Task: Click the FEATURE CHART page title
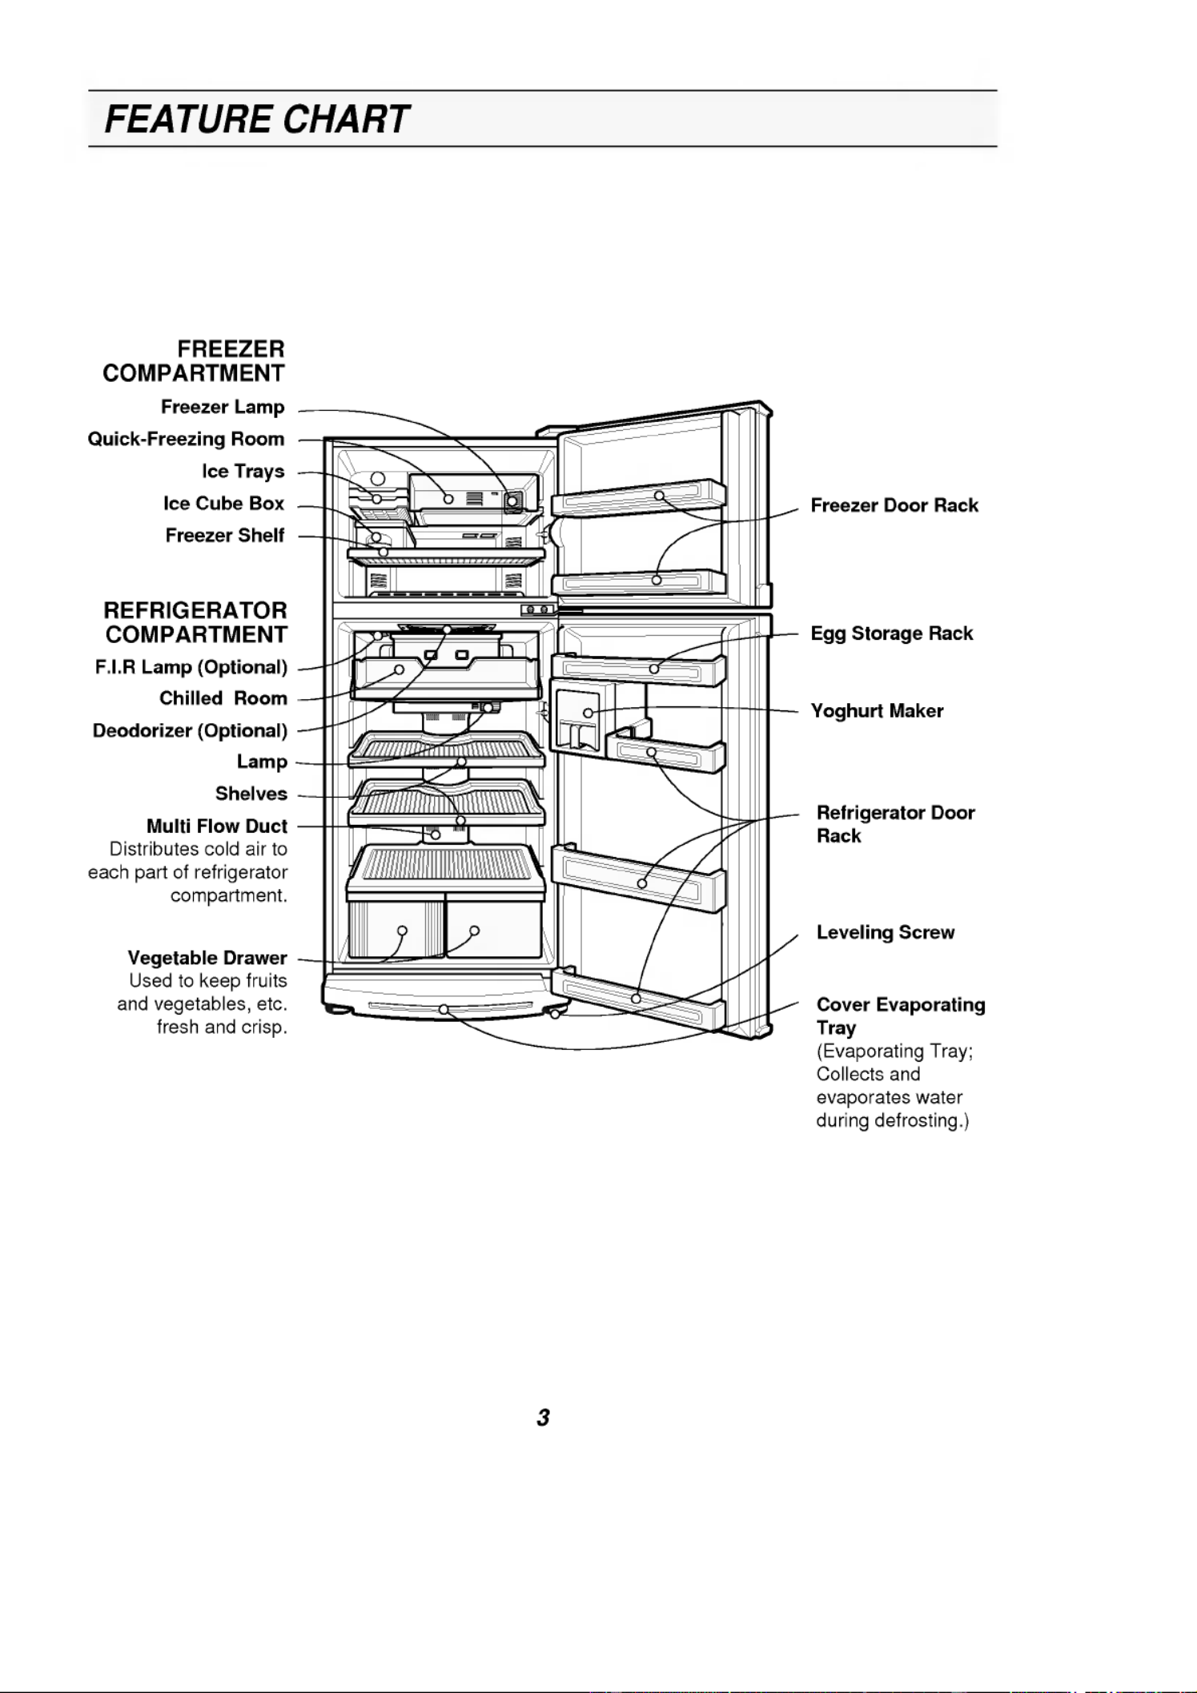click(256, 119)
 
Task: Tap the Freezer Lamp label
click(223, 407)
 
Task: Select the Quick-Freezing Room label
click(186, 439)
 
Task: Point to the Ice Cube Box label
click(223, 503)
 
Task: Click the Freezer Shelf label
click(224, 535)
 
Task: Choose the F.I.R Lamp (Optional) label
click(191, 667)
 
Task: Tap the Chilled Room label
click(223, 698)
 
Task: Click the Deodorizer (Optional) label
click(190, 730)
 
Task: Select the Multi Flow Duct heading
click(216, 826)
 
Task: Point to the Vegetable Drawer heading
click(207, 958)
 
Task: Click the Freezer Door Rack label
click(894, 505)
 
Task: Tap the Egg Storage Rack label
click(892, 633)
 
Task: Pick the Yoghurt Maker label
click(877, 711)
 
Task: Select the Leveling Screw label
click(886, 932)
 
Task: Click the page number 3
click(543, 1418)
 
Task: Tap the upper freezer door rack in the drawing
click(638, 498)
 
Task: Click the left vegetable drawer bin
click(397, 929)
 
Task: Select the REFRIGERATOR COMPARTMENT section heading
click(195, 622)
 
